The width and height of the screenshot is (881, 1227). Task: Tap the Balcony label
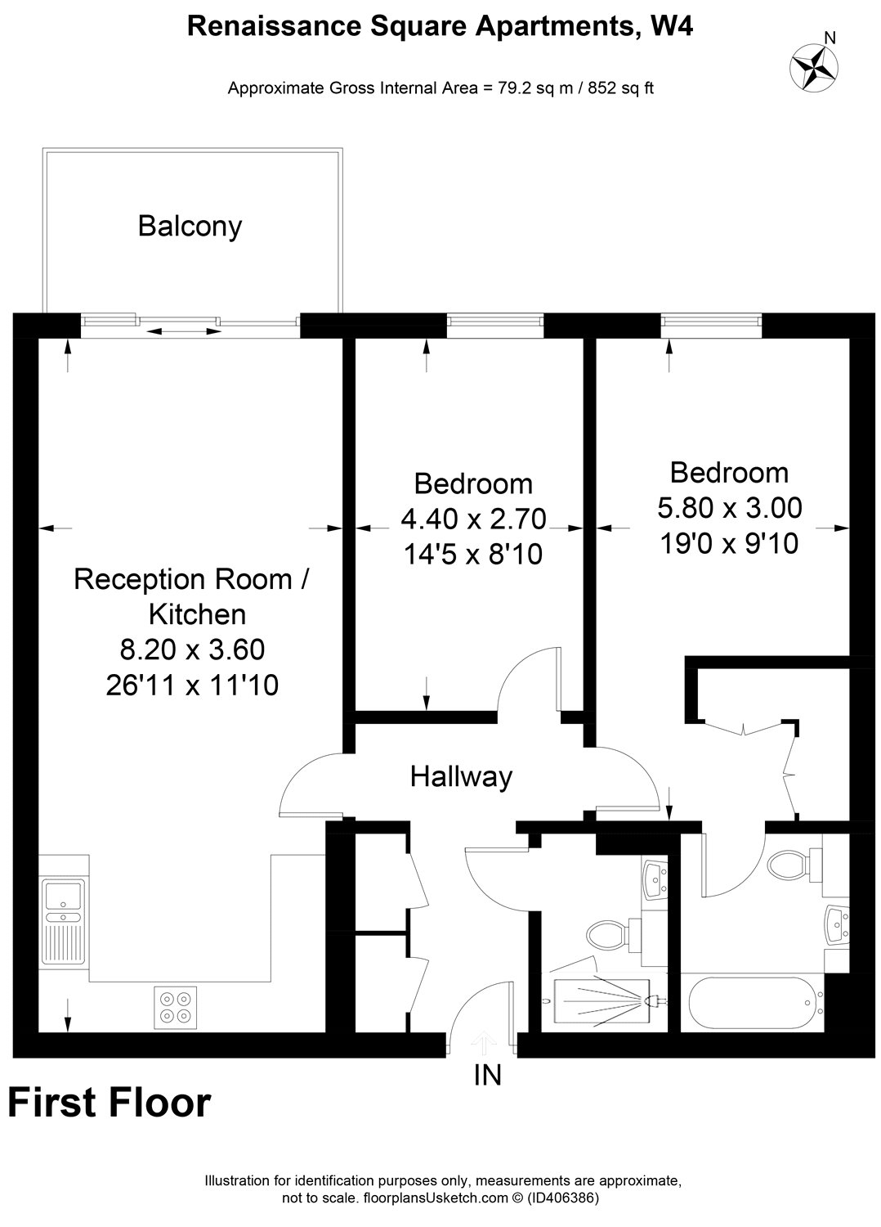click(190, 226)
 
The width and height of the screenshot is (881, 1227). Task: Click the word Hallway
click(461, 775)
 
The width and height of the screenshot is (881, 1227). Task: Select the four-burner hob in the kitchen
click(176, 1006)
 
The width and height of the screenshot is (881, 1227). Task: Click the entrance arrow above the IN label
click(484, 1042)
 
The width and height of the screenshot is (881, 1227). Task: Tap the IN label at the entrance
click(487, 1074)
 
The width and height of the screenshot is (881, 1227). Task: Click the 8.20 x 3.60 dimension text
click(192, 649)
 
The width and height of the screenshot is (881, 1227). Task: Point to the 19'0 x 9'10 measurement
click(729, 543)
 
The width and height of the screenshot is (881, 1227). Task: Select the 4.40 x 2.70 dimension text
click(472, 519)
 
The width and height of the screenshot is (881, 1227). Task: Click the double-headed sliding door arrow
click(184, 331)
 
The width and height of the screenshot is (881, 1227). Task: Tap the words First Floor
click(110, 1103)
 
